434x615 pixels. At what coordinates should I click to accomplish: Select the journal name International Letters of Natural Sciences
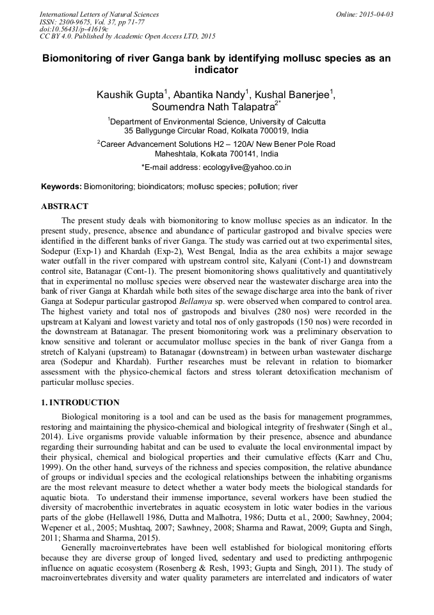(99, 14)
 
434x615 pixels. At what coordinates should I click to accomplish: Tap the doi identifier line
(74, 29)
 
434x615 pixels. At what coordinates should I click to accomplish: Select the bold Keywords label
(61, 187)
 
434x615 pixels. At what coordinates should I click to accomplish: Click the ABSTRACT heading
(65, 206)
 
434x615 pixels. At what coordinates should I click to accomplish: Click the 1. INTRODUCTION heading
(80, 403)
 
